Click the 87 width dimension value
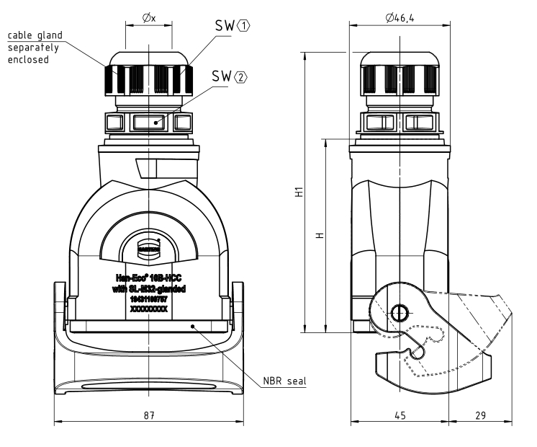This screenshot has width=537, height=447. pos(148,416)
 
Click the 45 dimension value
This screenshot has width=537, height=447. pos(399,416)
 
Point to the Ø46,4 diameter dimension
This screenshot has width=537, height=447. pos(400,16)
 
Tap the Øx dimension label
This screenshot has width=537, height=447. pos(149,16)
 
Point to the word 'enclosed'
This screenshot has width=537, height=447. pos(29,60)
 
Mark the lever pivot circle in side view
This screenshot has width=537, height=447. pos(398,312)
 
